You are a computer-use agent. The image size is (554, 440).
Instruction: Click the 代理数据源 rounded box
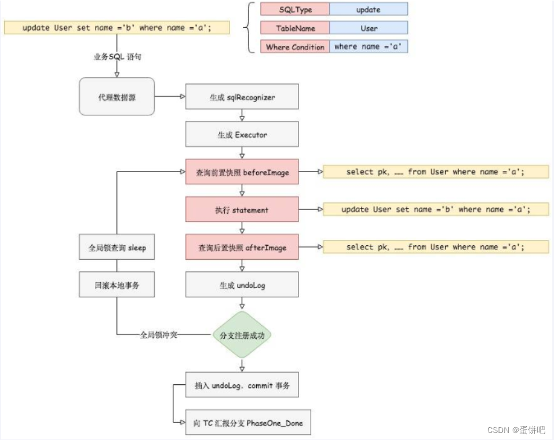[x=117, y=97]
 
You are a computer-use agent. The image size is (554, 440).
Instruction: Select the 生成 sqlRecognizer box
[x=242, y=97]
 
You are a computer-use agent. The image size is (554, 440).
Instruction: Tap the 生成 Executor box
[x=242, y=134]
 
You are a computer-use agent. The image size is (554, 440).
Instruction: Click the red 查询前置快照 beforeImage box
[x=242, y=172]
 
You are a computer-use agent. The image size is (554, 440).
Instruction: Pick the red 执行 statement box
[x=242, y=209]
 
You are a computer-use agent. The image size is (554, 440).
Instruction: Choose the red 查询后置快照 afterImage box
[x=242, y=247]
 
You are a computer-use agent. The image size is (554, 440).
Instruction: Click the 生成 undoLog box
[x=242, y=285]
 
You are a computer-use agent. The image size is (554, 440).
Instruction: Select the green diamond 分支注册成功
[x=242, y=335]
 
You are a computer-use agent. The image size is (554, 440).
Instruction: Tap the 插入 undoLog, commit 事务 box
[x=242, y=385]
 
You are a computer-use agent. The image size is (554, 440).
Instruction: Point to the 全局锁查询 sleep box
[x=117, y=247]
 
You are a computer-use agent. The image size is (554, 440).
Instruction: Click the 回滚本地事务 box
[x=117, y=285]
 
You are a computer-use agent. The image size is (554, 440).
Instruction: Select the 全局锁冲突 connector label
[x=158, y=335]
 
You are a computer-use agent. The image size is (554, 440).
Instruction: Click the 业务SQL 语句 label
[x=117, y=56]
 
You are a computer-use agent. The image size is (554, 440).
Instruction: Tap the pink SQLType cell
[x=295, y=9]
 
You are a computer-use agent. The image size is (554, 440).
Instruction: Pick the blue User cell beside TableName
[x=369, y=28]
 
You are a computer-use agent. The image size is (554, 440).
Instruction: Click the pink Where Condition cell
[x=295, y=47]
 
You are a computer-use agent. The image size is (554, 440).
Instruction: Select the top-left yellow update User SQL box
[x=117, y=27]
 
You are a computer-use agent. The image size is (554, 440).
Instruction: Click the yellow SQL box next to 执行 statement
[x=435, y=209]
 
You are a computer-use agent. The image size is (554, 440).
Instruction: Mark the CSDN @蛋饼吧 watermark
[x=516, y=430]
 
